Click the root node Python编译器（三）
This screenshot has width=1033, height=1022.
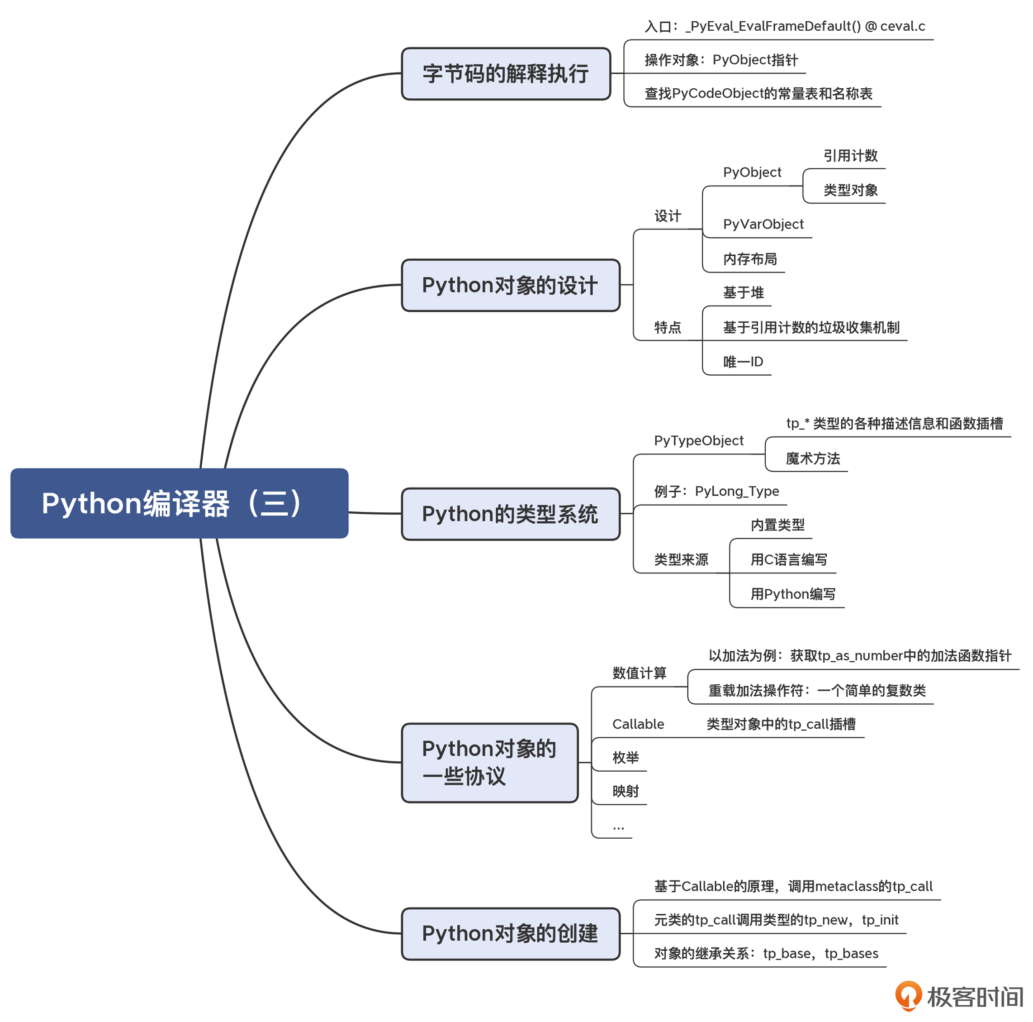coord(179,503)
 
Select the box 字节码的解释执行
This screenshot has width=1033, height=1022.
coord(505,74)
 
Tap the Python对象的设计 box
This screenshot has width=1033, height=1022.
coord(510,285)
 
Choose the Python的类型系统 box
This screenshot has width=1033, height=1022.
coord(510,514)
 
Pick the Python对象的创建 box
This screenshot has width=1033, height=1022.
coord(510,933)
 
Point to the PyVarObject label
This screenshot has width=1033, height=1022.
coord(763,224)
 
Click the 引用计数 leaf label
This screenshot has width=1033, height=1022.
coord(850,156)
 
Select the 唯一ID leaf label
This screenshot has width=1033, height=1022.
coord(743,362)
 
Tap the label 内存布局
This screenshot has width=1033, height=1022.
coord(749,259)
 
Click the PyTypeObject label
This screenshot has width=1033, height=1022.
coord(698,440)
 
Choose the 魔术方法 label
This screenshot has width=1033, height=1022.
coord(813,458)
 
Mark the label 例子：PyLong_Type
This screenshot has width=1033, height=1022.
coord(716,491)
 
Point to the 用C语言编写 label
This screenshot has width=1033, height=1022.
coord(789,560)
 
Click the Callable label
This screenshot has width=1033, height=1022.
coord(638,724)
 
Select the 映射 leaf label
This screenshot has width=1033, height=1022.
coord(625,791)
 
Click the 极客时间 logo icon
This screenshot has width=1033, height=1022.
coord(908,995)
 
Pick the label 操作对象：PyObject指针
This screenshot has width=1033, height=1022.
coord(721,60)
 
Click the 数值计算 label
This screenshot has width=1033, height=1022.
coord(639,673)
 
